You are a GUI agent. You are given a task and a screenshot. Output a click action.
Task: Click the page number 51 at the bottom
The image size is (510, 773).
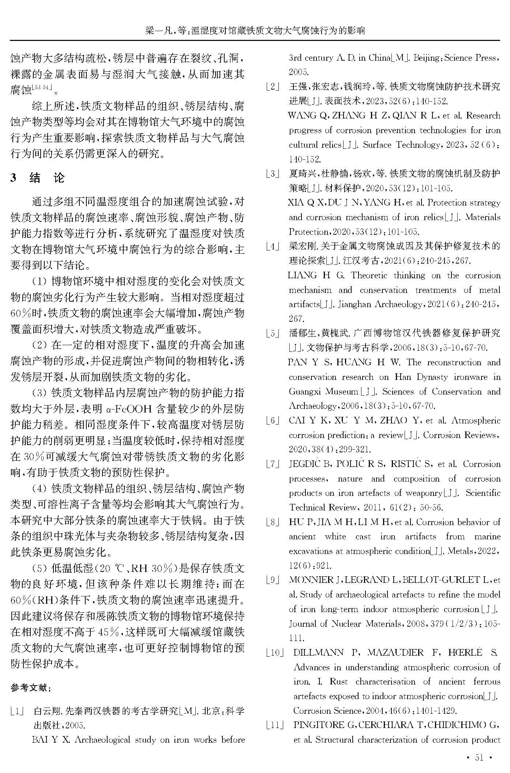480,758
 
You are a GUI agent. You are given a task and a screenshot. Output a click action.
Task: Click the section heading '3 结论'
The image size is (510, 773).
38,178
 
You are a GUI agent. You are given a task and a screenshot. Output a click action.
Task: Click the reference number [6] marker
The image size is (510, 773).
273,421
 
